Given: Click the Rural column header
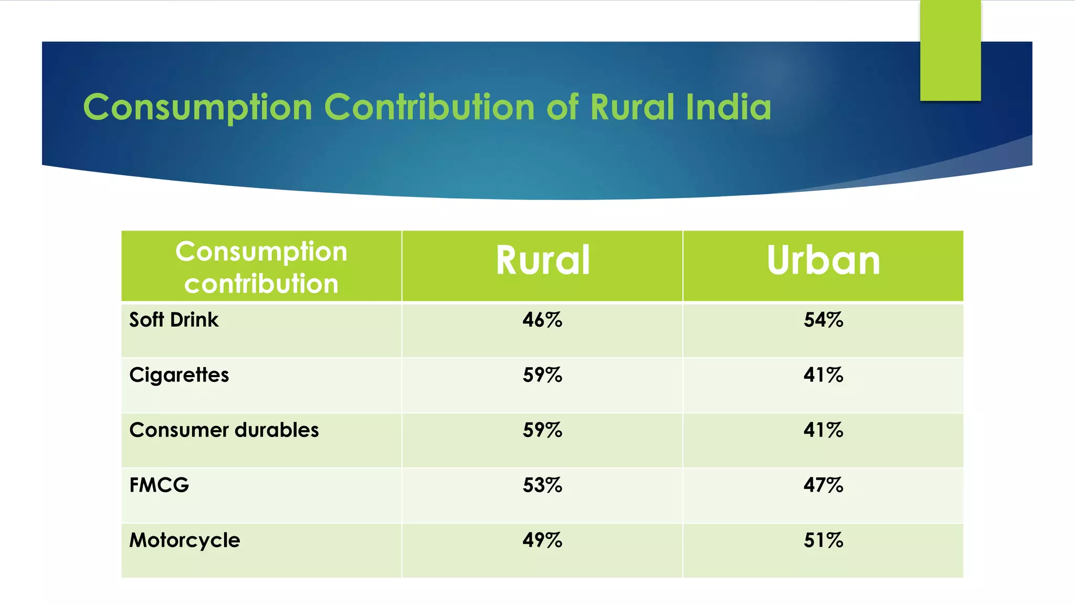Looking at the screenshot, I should click(x=543, y=260).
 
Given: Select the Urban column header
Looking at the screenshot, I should click(x=823, y=260).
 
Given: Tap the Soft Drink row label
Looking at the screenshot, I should click(x=174, y=320).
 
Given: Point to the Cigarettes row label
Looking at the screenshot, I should click(x=179, y=375).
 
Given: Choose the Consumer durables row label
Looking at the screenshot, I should click(x=224, y=430).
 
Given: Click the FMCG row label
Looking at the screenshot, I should click(x=159, y=485).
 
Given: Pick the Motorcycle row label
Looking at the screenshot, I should click(x=185, y=540).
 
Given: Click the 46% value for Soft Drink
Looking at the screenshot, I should click(x=542, y=320).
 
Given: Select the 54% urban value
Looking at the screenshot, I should click(x=823, y=320).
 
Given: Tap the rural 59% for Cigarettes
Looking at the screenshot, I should click(x=542, y=375).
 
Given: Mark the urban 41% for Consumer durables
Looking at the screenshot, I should click(x=823, y=430).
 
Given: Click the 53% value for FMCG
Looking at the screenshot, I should click(x=542, y=485).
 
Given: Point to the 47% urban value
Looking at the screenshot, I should click(x=823, y=485).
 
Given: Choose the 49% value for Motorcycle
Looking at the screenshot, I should click(x=542, y=540).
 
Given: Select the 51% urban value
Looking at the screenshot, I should click(x=823, y=540).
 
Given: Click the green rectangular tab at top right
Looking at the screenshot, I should click(x=950, y=50).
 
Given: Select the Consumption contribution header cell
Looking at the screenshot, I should click(x=261, y=267).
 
